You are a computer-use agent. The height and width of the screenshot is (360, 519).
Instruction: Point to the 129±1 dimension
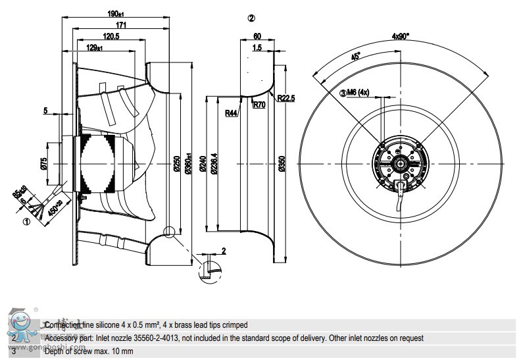[93, 47]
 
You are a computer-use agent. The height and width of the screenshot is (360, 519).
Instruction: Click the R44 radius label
[232, 113]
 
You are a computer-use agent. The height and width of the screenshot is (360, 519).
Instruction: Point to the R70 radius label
[260, 103]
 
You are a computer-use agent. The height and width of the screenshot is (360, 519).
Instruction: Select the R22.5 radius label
[286, 98]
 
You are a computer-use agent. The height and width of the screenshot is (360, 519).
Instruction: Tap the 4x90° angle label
[399, 36]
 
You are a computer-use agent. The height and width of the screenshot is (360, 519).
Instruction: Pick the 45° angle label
[356, 57]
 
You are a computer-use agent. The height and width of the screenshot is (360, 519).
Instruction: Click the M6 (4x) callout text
[358, 92]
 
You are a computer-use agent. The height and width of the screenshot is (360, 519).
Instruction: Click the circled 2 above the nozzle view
[251, 18]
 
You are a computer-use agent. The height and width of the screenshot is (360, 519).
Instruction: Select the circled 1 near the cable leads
[27, 222]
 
